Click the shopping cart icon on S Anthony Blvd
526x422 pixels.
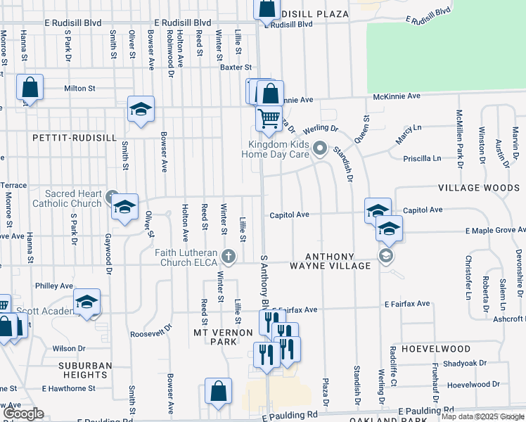269,119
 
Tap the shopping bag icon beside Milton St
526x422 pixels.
30,88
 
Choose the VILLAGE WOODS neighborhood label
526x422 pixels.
478,188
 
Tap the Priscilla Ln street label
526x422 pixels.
441,159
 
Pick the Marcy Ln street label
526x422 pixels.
408,135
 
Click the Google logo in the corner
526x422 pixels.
23,414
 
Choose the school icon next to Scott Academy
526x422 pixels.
87,302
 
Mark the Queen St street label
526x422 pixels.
361,127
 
